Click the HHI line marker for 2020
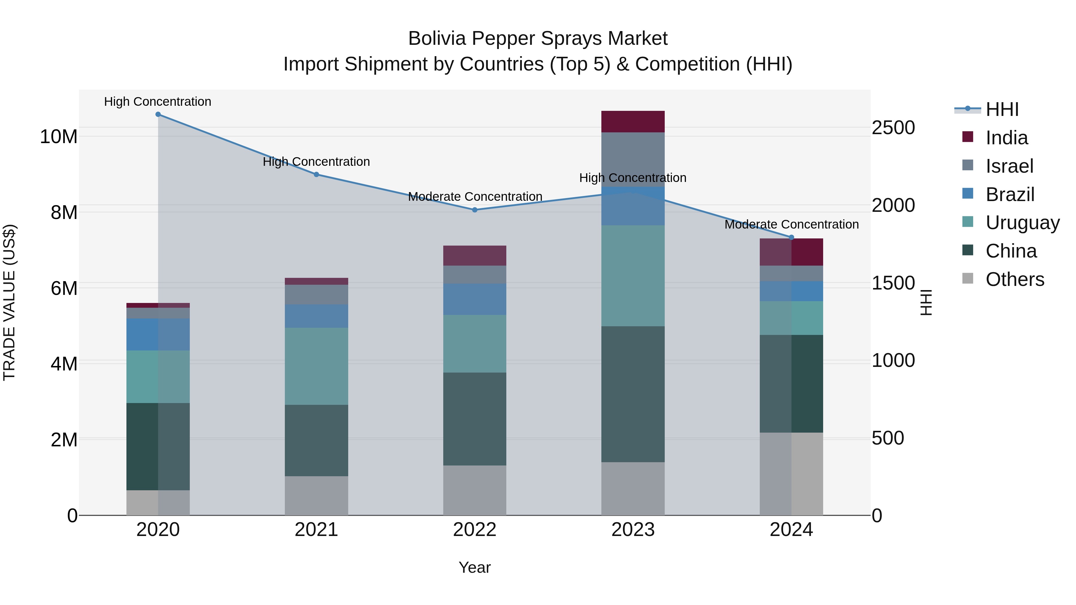click(x=158, y=114)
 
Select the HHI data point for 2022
click(x=475, y=210)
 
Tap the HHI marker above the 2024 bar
click(x=791, y=238)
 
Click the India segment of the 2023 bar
click(x=633, y=122)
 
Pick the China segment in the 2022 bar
click(x=475, y=419)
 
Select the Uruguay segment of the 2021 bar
click(x=316, y=366)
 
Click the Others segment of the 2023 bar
click(x=633, y=488)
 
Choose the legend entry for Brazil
click(x=1010, y=194)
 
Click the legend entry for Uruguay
click(x=1022, y=223)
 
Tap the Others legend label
click(x=1015, y=279)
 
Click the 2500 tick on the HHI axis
click(x=893, y=128)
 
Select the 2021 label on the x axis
click(x=316, y=530)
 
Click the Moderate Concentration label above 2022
click(x=475, y=197)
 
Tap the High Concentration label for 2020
click(x=158, y=102)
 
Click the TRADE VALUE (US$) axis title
click(x=9, y=302)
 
